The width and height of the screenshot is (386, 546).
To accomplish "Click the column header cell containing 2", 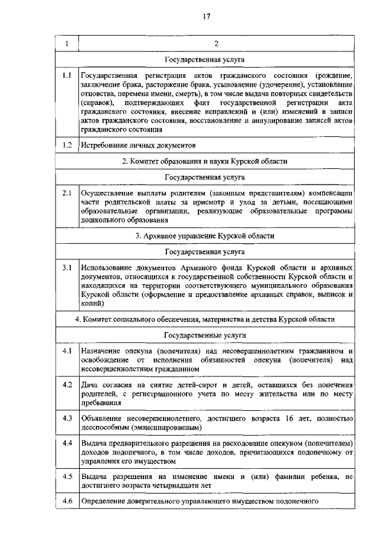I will pyautogui.click(x=216, y=44).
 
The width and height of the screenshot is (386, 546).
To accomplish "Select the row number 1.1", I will pyautogui.click(x=67, y=76).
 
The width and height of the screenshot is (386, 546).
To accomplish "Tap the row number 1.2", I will pyautogui.click(x=67, y=145).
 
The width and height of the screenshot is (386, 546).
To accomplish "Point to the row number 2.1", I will pyautogui.click(x=67, y=193).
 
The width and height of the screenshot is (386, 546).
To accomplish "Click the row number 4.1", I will pyautogui.click(x=67, y=351).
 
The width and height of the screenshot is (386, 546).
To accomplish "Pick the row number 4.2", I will pyautogui.click(x=67, y=384).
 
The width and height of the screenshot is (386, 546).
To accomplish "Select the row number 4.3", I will pyautogui.click(x=67, y=418).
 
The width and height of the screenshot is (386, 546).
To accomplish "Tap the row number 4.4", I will pyautogui.click(x=67, y=443).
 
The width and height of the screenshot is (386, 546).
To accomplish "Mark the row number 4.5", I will pyautogui.click(x=67, y=477).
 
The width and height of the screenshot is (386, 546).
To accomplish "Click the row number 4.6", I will pyautogui.click(x=67, y=502).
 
